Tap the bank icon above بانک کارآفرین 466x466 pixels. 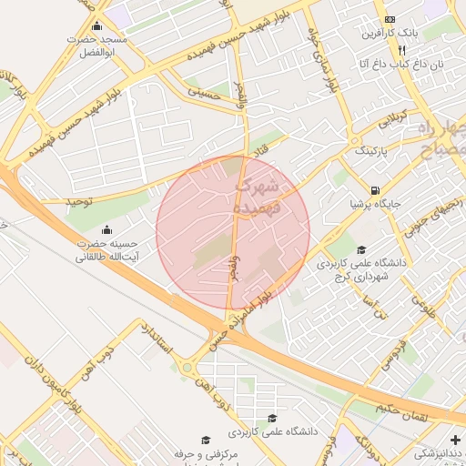point(390,20)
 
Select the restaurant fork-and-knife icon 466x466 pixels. point(402,50)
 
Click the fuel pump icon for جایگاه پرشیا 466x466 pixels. point(374,190)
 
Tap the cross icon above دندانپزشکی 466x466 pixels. point(455,440)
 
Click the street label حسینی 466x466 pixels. point(204,91)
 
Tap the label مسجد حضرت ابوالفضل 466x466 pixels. point(99,47)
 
